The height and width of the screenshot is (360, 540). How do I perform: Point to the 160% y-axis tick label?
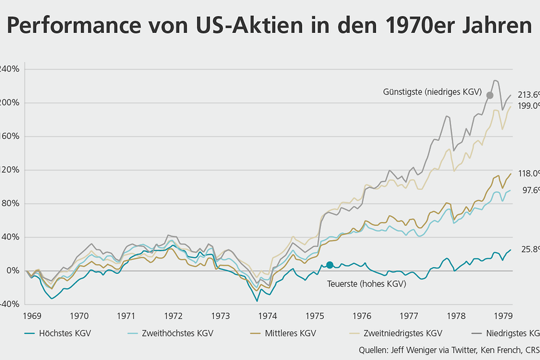point(8,137)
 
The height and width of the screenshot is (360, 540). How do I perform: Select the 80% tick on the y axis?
point(10,204)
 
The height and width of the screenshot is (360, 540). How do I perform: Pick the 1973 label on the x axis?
point(221,316)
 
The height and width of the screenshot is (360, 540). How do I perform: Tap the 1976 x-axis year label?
point(362,316)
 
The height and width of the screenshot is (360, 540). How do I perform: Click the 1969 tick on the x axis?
point(32,316)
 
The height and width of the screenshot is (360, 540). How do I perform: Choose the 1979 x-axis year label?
point(503,316)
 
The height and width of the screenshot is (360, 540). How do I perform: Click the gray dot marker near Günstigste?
point(489,95)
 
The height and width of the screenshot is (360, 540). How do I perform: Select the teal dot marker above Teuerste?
point(329,265)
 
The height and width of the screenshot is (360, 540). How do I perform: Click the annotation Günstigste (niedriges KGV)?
point(432,91)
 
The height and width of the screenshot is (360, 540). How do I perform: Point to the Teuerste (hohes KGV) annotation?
point(366,284)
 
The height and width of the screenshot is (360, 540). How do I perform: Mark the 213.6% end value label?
point(528,94)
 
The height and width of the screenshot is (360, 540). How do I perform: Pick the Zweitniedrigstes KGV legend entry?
point(402,333)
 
